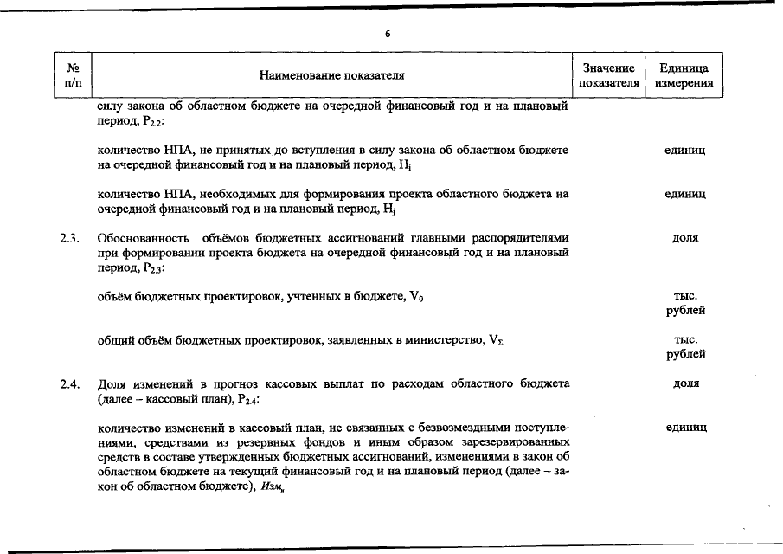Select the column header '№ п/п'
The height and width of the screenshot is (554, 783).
[73, 75]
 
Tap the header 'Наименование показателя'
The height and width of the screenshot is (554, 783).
[332, 76]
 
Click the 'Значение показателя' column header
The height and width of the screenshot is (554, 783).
[609, 75]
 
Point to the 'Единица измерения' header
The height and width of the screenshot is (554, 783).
[684, 75]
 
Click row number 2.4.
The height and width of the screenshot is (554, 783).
[71, 383]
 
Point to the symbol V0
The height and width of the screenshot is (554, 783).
[416, 297]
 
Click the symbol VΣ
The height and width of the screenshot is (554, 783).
[496, 340]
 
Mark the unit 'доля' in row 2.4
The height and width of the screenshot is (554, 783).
[684, 383]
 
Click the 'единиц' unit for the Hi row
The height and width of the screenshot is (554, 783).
[684, 151]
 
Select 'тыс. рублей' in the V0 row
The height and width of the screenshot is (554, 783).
[684, 303]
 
